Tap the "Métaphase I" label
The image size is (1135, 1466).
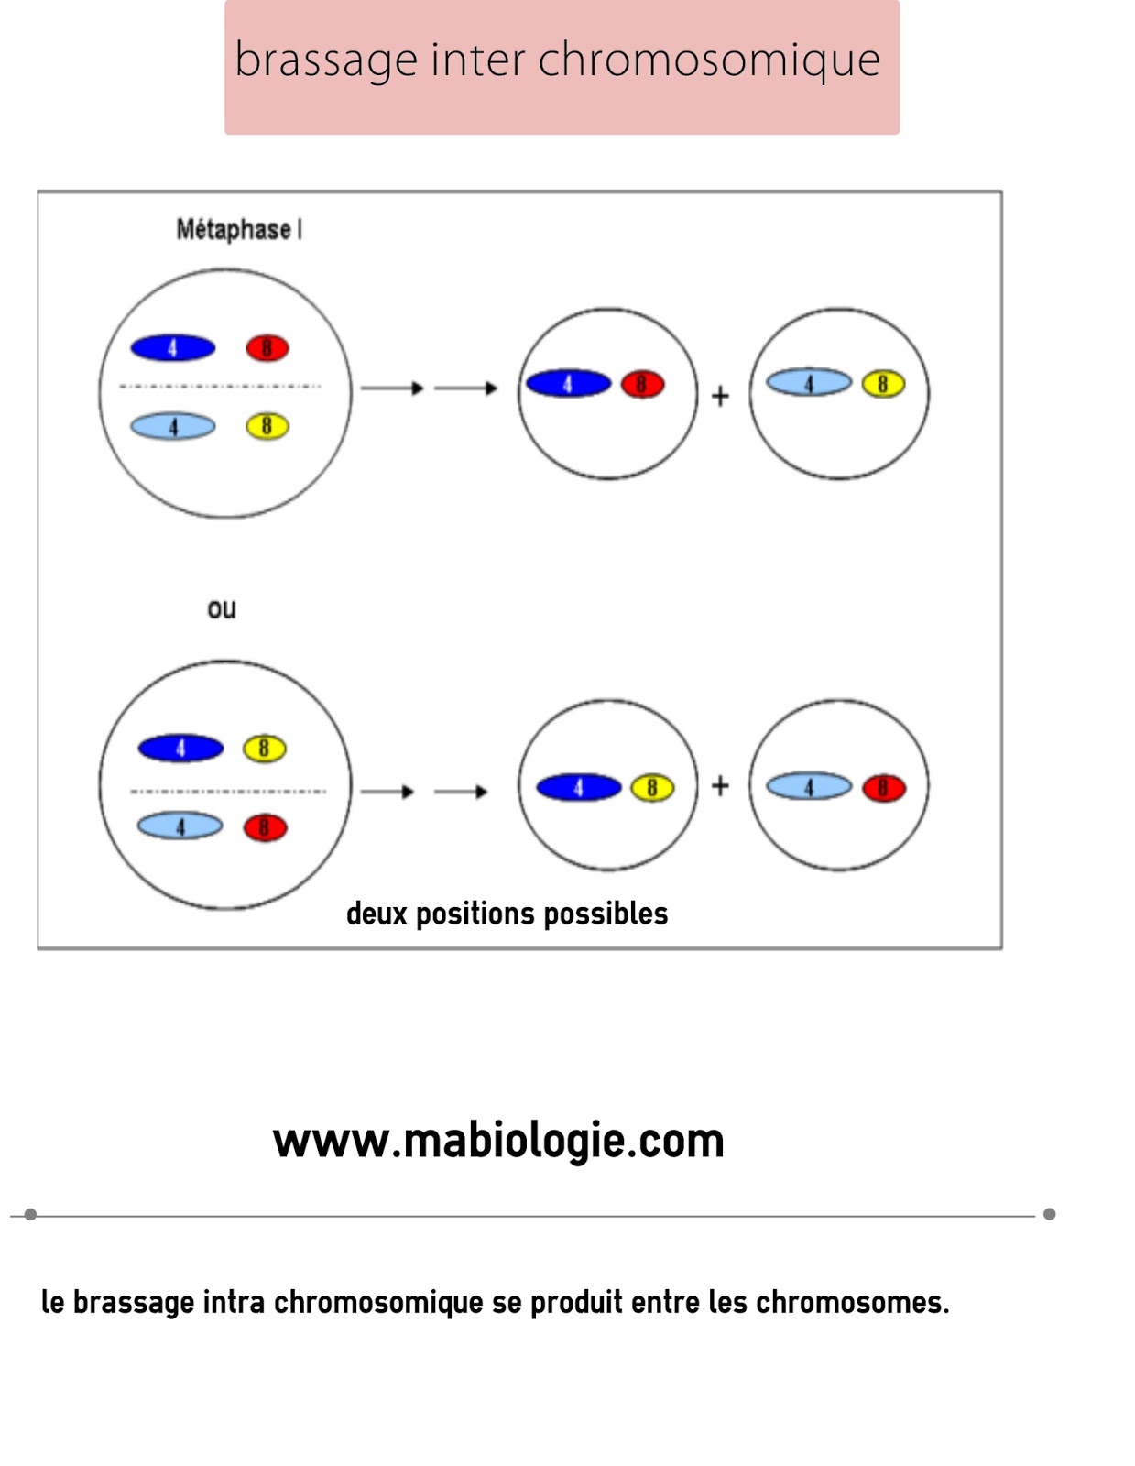coord(239,229)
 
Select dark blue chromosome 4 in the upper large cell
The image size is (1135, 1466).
coord(173,348)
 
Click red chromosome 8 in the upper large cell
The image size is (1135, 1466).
coord(267,348)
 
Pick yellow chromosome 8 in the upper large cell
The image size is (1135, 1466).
coord(267,426)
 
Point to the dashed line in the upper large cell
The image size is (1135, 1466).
coord(220,387)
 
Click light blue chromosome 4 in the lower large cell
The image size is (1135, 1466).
coord(180,826)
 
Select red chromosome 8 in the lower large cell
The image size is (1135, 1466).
coord(265,828)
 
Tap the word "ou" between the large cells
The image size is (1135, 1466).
coord(222,609)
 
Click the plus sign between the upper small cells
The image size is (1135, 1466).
coord(721,396)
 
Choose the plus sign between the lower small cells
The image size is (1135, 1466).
coord(721,785)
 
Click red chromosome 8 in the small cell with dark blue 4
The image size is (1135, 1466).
coord(642,385)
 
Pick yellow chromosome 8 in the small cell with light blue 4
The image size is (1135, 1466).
coord(883,384)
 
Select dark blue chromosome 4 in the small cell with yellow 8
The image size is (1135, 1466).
coord(578,787)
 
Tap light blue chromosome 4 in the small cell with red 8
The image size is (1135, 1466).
coord(809,786)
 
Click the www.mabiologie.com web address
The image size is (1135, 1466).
coord(498,1142)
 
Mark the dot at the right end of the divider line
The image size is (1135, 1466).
coord(1050,1214)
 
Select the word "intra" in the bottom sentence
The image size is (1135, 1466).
coord(234,1302)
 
